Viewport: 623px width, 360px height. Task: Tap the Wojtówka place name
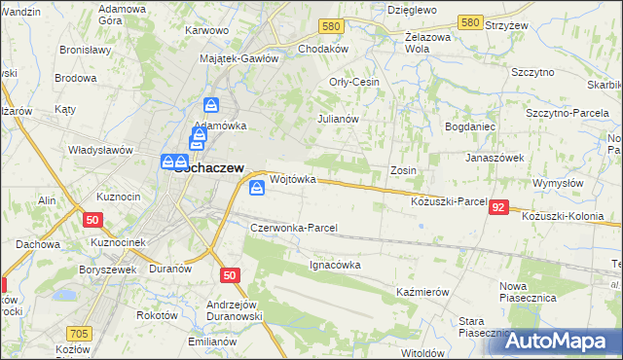293,180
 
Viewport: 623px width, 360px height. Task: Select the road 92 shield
499,207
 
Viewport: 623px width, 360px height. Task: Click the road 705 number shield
80,334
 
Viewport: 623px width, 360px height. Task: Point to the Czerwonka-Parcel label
294,228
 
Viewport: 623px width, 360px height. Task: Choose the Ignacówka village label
335,265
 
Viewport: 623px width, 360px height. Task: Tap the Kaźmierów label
421,292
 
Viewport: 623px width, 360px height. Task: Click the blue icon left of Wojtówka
257,188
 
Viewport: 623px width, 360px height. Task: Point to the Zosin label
403,170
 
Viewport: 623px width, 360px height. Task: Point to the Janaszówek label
495,157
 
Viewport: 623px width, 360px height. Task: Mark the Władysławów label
99,150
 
